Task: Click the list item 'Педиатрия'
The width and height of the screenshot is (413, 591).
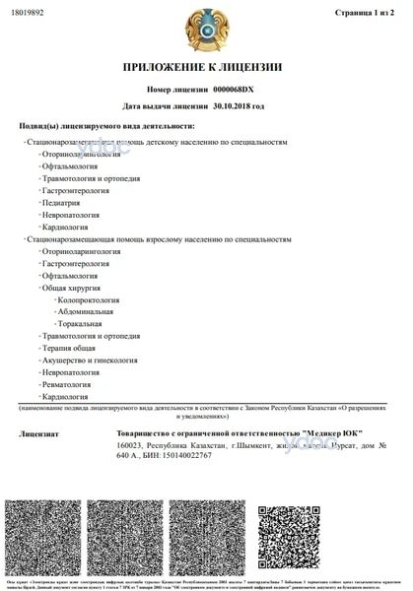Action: (x=61, y=201)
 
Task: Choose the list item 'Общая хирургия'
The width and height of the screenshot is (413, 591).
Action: (x=69, y=289)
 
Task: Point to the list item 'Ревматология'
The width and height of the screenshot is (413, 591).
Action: (x=65, y=384)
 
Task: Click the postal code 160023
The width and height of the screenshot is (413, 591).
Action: (x=129, y=446)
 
